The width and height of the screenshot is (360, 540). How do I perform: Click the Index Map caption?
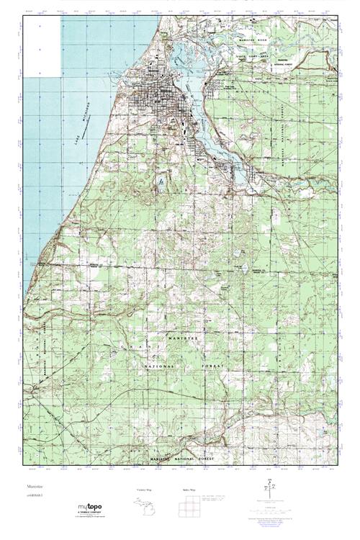pos(190,490)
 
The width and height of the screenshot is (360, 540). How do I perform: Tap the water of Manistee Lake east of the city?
pos(193,94)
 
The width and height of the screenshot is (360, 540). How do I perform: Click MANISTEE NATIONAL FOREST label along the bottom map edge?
pos(184,459)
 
